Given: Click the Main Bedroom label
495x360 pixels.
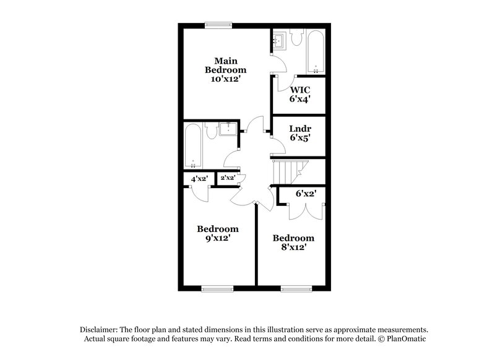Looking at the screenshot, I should (x=226, y=70).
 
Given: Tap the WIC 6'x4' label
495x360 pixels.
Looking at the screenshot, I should (x=300, y=93).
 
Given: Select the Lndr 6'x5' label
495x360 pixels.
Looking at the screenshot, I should (x=300, y=134).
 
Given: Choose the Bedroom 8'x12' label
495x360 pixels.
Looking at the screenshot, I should (x=293, y=242).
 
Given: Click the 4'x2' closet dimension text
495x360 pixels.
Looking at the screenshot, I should (x=199, y=178).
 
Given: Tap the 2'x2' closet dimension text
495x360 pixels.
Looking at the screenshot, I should (x=227, y=178).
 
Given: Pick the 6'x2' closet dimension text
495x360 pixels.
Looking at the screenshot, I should (x=306, y=194).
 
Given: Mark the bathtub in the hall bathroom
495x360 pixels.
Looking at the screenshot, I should (x=193, y=146).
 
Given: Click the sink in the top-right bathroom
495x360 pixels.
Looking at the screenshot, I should (x=277, y=41).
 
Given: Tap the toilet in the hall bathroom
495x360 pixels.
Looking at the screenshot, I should (x=210, y=131).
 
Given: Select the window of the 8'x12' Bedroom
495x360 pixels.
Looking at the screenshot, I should (x=295, y=288).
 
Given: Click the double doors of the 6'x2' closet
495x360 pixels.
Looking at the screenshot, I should (x=305, y=211).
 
